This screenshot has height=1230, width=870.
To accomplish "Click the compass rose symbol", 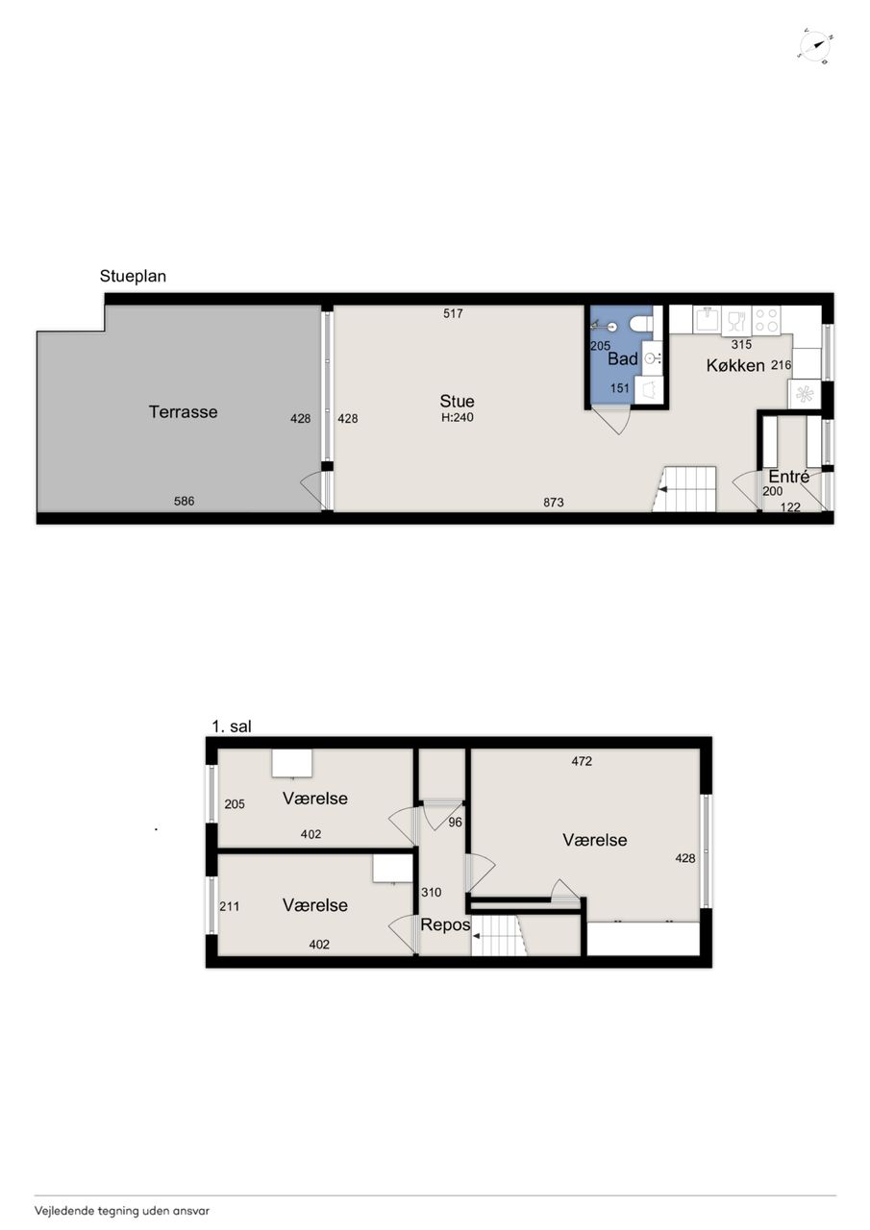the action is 816,46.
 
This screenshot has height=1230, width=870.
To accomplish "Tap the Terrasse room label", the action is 183,412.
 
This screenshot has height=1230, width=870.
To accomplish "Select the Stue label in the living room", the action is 457,401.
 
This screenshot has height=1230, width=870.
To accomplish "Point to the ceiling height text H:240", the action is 458,417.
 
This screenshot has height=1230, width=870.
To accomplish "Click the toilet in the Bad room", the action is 640,324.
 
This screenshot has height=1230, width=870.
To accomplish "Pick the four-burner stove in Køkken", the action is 766,320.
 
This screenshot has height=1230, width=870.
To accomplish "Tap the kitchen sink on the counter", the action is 707,320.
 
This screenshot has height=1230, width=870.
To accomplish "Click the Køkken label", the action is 735,365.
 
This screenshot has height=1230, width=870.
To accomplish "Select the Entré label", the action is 788,476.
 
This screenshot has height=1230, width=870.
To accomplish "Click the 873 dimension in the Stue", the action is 554,503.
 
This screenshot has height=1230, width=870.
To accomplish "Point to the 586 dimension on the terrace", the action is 184,501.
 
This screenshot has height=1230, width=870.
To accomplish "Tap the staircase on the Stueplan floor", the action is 684,489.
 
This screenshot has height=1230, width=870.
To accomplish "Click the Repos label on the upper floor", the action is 445,924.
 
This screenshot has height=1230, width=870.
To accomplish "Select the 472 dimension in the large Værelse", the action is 582,761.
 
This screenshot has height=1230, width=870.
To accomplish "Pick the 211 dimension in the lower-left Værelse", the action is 229,906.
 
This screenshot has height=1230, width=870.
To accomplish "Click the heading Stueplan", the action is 133,276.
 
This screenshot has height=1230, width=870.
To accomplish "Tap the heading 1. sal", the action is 232,726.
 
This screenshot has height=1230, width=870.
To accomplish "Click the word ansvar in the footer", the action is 194,1210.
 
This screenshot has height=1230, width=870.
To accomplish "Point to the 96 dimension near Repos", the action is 456,822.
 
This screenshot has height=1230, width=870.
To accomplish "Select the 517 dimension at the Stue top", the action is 453,313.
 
